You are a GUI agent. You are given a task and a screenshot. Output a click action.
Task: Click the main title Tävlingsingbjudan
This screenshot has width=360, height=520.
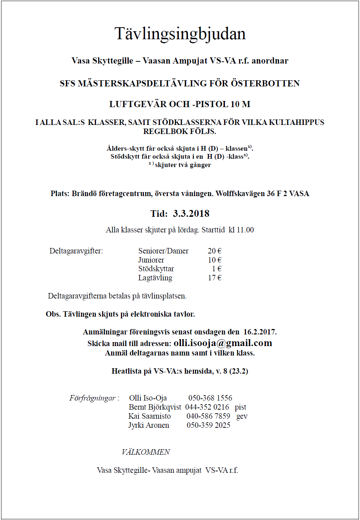pos(180,34)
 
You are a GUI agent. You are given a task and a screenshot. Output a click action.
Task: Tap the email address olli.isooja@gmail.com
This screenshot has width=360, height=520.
pos(223,343)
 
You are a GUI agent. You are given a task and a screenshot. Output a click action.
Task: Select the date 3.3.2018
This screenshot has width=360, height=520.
pos(191,214)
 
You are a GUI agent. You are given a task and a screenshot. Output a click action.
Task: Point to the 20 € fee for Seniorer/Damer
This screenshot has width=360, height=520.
pos(214,251)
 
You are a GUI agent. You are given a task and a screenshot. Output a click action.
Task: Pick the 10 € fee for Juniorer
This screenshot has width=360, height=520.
pos(214,260)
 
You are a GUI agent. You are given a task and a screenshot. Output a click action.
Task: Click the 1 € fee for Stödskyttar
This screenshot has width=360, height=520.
pos(217,269)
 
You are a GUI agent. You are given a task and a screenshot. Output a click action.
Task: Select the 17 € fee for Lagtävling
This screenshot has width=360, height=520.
pos(214,278)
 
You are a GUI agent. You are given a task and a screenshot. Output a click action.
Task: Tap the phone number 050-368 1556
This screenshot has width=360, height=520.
pos(210,398)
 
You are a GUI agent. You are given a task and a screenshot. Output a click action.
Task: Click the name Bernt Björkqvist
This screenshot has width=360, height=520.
pos(155,407)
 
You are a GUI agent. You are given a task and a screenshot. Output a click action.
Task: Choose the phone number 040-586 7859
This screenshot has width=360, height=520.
pos(208,416)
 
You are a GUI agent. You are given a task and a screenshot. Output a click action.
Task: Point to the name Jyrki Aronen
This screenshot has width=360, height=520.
pos(149,425)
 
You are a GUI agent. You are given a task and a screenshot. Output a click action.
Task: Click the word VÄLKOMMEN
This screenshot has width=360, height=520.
pos(146,452)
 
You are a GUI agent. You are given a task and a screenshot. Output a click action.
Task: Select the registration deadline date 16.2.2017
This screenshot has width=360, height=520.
pos(259,332)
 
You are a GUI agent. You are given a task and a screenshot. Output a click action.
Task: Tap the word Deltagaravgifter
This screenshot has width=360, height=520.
pos(76,251)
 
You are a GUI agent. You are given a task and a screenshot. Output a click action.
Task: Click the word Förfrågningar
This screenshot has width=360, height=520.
pos(93,398)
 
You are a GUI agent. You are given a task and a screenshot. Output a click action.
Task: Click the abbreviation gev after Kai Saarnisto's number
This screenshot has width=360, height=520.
pos(242,416)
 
